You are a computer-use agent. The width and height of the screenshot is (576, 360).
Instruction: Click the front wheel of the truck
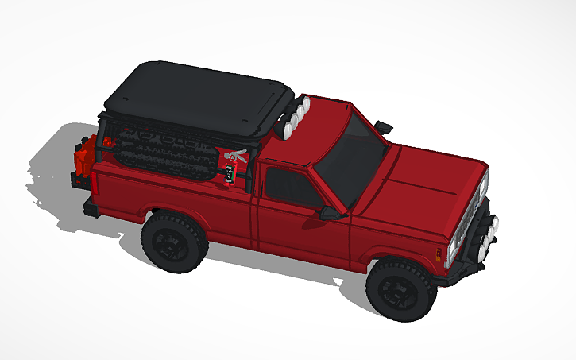[x=400, y=289]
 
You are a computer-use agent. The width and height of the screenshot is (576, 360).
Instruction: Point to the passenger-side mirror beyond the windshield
[x=384, y=126]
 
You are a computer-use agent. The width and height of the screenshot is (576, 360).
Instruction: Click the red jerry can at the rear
[x=85, y=158]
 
